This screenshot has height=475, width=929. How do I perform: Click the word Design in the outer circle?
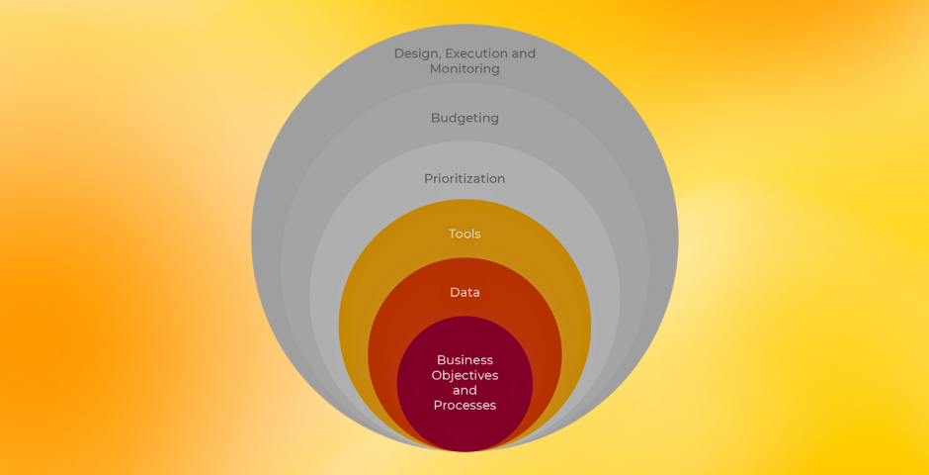click(x=415, y=53)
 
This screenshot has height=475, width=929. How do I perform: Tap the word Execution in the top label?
click(x=476, y=53)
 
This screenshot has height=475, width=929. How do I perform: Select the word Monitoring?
click(x=464, y=69)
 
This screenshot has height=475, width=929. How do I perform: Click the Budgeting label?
click(x=464, y=119)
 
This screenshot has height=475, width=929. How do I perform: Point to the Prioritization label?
click(x=464, y=179)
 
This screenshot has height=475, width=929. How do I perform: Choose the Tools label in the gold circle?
click(x=464, y=235)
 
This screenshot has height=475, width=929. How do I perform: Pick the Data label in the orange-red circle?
click(x=464, y=293)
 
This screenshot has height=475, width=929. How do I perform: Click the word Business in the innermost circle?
click(x=464, y=360)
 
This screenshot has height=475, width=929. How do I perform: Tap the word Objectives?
click(x=464, y=376)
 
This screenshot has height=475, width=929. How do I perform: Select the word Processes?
click(x=464, y=406)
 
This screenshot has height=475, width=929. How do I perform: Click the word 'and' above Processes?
click(x=464, y=391)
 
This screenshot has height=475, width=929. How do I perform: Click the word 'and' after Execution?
click(x=523, y=53)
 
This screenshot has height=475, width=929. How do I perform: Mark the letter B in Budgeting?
click(x=435, y=118)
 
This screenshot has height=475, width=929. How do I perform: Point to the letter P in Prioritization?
click(x=428, y=179)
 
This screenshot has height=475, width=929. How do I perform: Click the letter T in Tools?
click(x=452, y=235)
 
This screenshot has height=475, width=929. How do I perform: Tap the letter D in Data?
click(x=454, y=293)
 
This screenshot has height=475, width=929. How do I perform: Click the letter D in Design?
click(x=398, y=53)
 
